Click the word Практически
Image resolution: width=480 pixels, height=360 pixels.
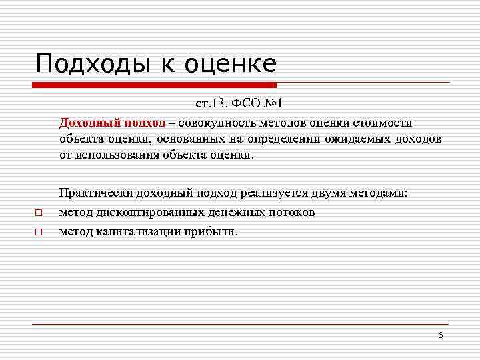(x=96, y=193)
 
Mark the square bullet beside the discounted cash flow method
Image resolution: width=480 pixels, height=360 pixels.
(x=39, y=213)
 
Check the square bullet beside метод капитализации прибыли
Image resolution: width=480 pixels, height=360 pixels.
(x=39, y=233)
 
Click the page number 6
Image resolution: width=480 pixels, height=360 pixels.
(x=441, y=335)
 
